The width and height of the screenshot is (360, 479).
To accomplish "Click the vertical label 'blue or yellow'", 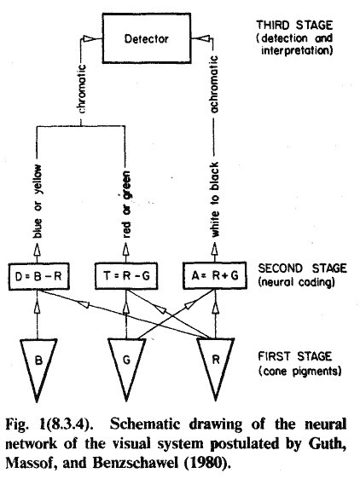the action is pos(38,201).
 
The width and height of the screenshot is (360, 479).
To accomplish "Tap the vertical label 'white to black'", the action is pos(215,199).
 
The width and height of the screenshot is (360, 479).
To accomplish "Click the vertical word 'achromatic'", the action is pos(214,84).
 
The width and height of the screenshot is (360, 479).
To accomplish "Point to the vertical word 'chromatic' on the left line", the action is pos(81,89).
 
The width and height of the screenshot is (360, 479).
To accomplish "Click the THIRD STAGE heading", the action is pos(294,25).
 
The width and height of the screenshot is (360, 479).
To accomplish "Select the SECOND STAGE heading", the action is pos(303,268).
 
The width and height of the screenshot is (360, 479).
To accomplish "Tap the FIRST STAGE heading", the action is pos(295,356).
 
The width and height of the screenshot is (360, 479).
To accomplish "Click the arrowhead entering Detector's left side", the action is pos(90,38).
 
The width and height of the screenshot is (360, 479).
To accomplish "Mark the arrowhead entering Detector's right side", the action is pos(202,38).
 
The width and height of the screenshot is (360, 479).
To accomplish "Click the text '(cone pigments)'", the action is pos(299,371).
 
